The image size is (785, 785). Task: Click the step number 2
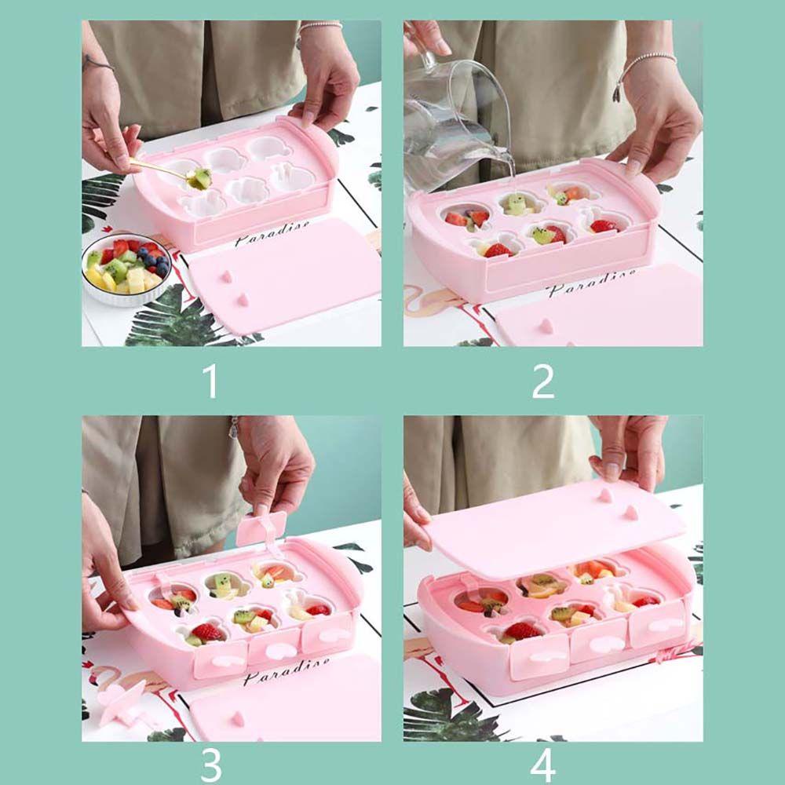[542, 382]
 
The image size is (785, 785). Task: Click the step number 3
[210, 765]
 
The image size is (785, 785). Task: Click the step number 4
[542, 765]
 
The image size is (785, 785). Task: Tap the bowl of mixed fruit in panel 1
[126, 268]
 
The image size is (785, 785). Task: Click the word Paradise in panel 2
[592, 281]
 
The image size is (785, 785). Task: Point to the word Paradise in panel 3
[287, 671]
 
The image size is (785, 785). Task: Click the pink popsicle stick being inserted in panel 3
[261, 530]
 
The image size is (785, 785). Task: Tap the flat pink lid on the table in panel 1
[283, 276]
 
